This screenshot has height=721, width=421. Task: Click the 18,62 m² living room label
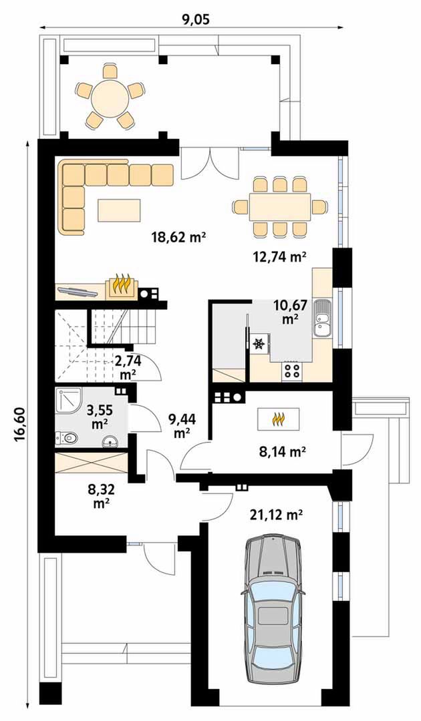click(178, 237)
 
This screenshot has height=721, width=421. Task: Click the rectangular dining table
click(280, 207)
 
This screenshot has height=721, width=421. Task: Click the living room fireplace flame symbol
click(122, 286)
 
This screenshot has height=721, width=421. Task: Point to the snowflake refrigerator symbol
click(259, 344)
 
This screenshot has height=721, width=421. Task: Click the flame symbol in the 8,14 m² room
click(279, 419)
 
